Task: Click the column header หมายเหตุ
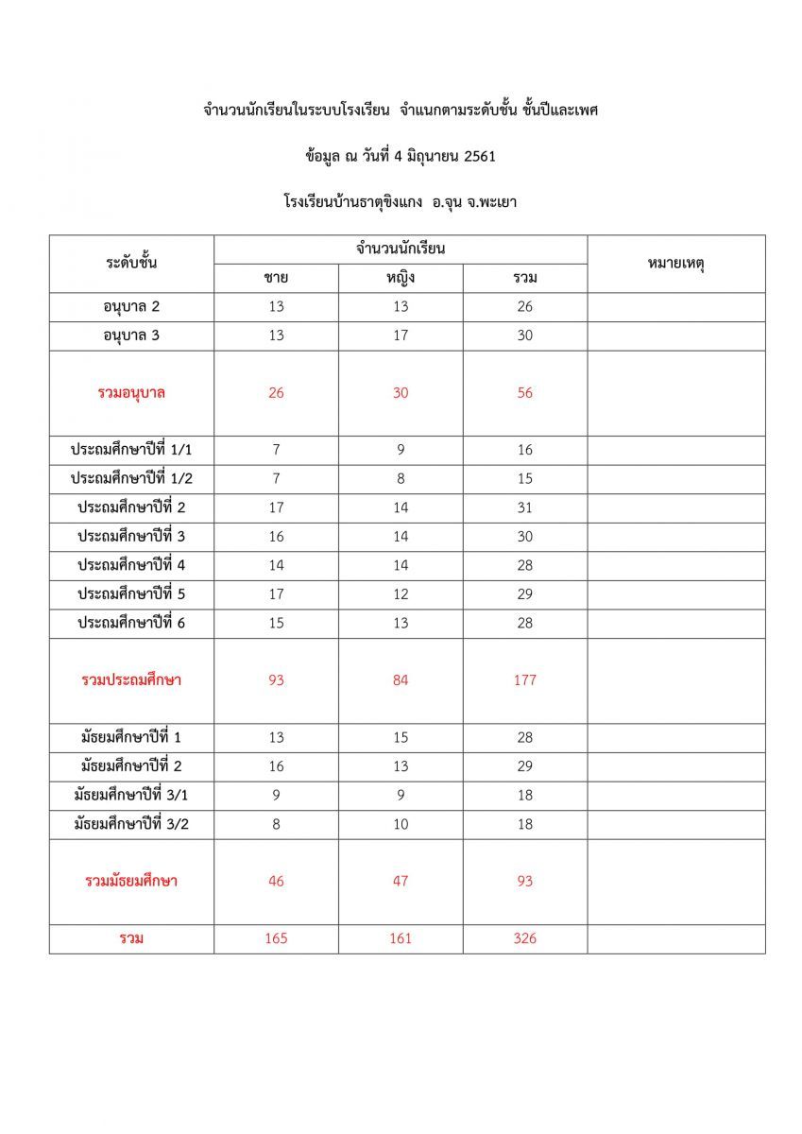[x=676, y=264]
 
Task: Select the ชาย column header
[x=276, y=278]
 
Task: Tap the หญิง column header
[x=401, y=278]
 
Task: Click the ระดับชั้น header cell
[x=131, y=264]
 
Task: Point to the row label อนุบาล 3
[x=131, y=335]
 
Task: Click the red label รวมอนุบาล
[x=131, y=393]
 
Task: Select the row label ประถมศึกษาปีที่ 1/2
[x=131, y=479]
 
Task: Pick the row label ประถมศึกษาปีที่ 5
[x=131, y=594]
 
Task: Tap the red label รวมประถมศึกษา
[x=131, y=680]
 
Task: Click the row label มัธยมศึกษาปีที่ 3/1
[x=131, y=796]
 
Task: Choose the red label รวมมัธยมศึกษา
[x=131, y=882]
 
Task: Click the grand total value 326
[x=525, y=938]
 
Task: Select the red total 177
[x=525, y=680]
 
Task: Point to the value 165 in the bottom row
[x=276, y=938]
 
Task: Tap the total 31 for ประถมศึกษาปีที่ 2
[x=525, y=507]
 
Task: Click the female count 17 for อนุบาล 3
[x=401, y=335]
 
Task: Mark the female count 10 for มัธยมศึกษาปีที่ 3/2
[x=401, y=824]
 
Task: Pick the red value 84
[x=401, y=680]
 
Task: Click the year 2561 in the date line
[x=480, y=156]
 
